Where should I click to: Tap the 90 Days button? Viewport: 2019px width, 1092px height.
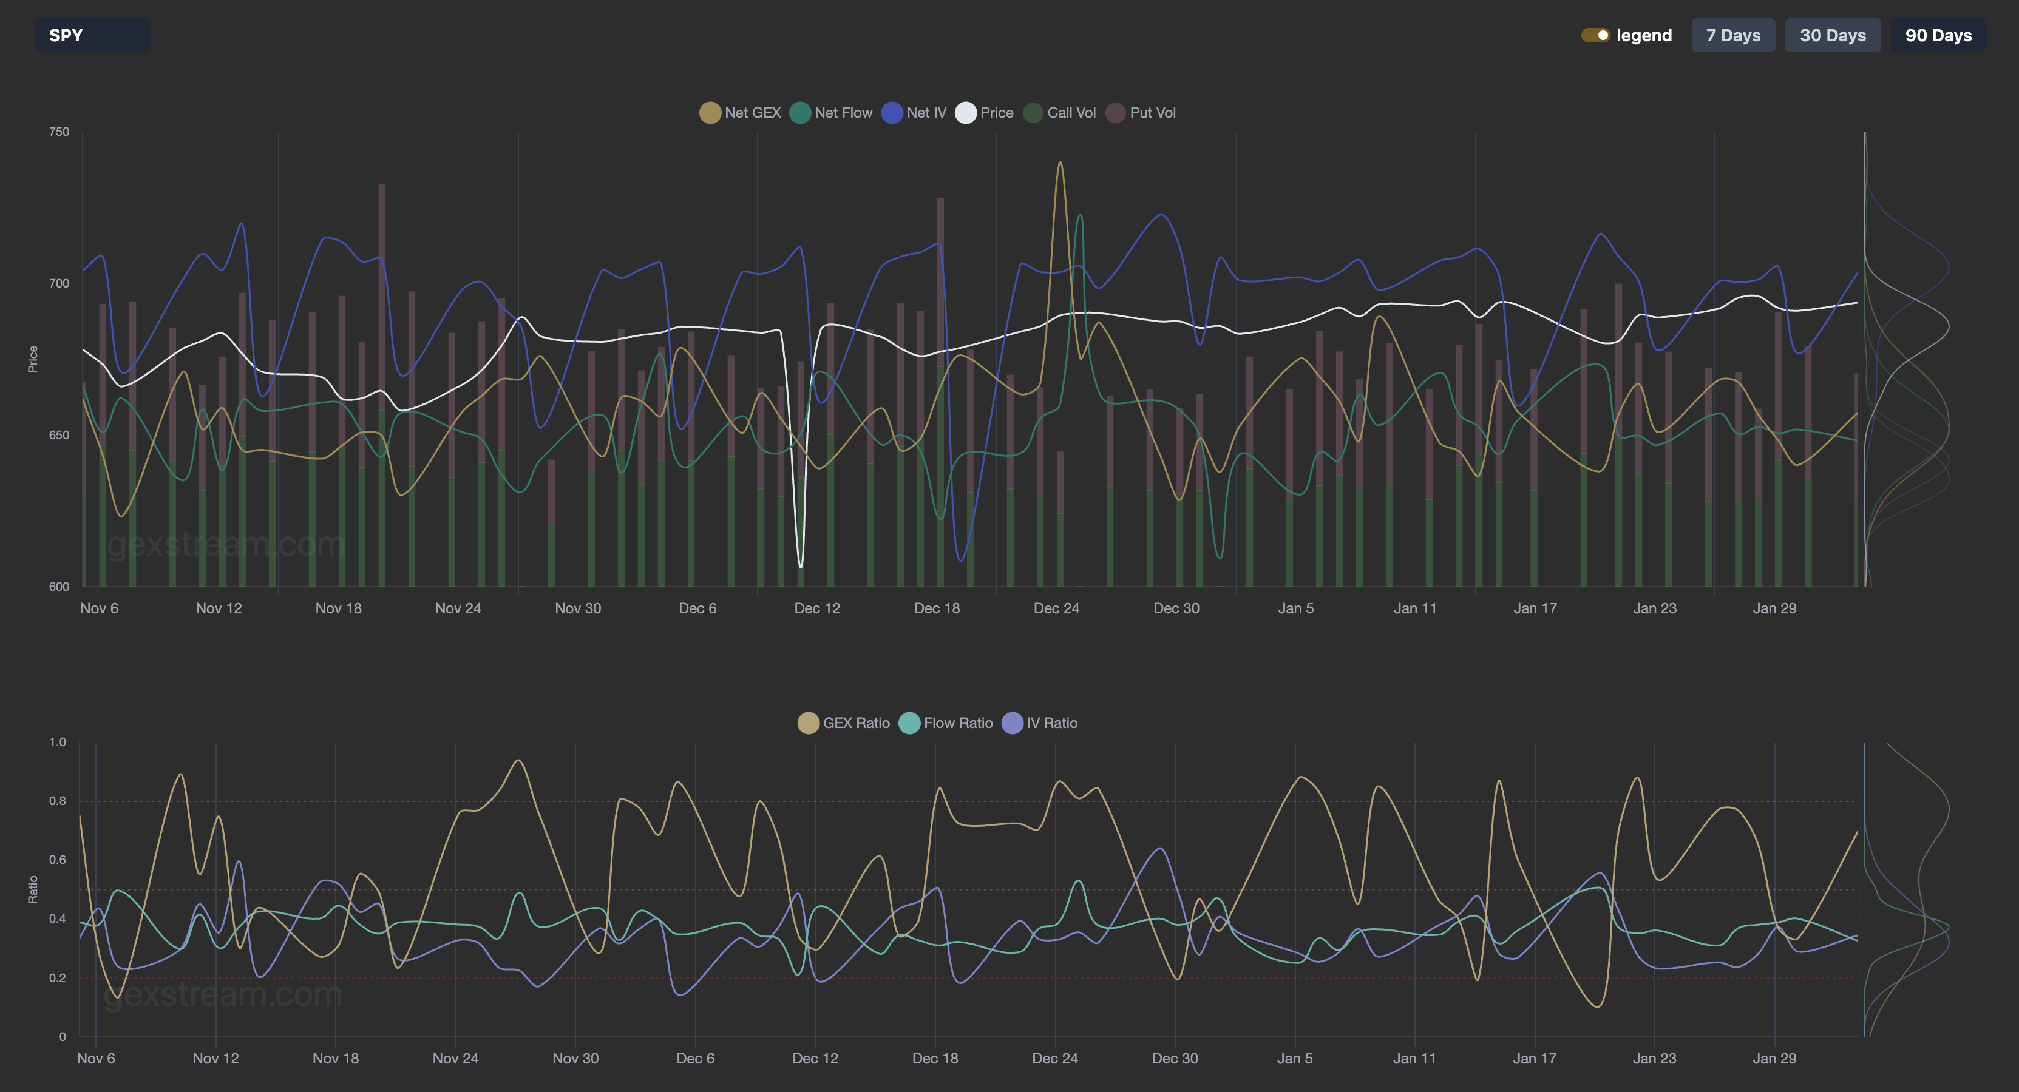pos(1938,35)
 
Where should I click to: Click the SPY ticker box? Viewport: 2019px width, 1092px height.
pos(92,35)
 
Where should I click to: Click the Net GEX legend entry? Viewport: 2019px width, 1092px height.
pos(740,113)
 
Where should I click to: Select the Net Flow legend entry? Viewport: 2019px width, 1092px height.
pos(831,113)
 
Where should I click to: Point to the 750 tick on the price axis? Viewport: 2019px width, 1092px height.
pos(59,132)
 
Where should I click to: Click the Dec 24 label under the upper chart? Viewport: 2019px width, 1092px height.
pos(1056,608)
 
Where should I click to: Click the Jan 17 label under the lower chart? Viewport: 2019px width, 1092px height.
pos(1534,1058)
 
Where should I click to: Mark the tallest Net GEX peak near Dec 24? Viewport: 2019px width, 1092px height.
pos(1060,163)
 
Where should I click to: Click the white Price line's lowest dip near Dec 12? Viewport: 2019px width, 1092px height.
pos(800,565)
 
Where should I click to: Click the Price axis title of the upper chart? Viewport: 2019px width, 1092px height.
pos(33,359)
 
